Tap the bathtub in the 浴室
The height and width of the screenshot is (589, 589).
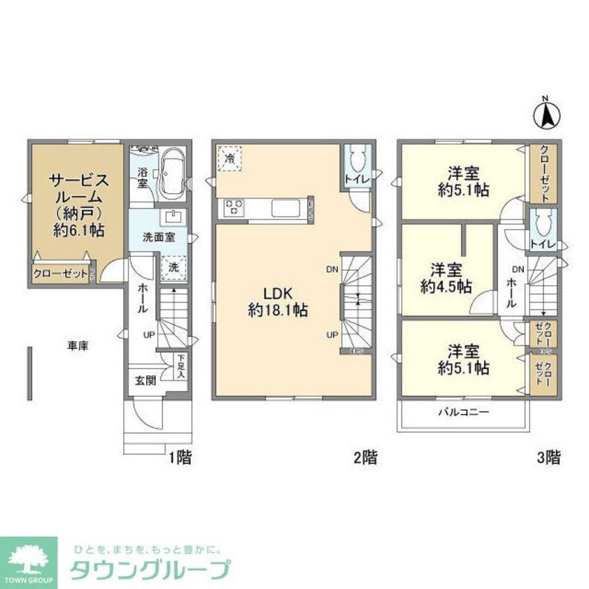tap(172, 173)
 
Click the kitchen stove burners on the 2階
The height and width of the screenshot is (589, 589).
tap(233, 208)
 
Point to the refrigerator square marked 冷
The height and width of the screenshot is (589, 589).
tap(230, 157)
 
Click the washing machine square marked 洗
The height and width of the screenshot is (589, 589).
tap(174, 267)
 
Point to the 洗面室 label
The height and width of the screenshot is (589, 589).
tap(157, 239)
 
